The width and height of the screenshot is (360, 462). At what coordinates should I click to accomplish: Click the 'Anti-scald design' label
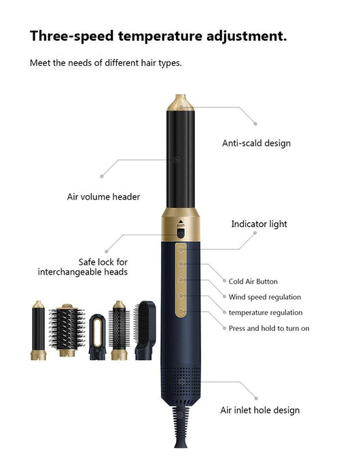(256, 143)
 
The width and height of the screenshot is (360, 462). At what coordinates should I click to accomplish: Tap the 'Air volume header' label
(103, 196)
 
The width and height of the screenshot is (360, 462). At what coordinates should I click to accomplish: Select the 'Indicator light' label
(259, 224)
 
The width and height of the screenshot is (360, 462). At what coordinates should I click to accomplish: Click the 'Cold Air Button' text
(253, 281)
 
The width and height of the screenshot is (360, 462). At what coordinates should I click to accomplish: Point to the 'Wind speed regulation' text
(265, 297)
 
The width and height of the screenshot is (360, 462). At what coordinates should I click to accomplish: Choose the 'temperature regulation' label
(266, 313)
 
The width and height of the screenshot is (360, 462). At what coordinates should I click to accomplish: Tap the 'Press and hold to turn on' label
(269, 328)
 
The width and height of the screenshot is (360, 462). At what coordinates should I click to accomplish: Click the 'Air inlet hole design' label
(260, 410)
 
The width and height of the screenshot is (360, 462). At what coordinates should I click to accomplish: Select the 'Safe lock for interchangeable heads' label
(83, 267)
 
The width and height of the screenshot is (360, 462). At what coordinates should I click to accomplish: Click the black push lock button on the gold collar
(181, 234)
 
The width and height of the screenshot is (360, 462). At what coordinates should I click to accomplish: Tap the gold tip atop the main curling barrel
(181, 103)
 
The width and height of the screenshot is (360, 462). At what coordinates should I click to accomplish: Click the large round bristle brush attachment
(67, 330)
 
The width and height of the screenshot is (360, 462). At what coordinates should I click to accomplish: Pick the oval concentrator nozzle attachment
(98, 337)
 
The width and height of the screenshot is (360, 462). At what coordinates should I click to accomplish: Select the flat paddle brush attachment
(145, 330)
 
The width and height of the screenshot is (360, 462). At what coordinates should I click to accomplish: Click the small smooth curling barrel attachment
(38, 330)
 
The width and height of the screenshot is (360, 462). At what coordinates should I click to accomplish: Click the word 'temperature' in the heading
(160, 36)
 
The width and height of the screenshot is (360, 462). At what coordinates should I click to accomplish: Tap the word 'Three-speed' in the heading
(72, 36)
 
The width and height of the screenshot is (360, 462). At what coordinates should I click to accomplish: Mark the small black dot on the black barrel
(176, 160)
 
